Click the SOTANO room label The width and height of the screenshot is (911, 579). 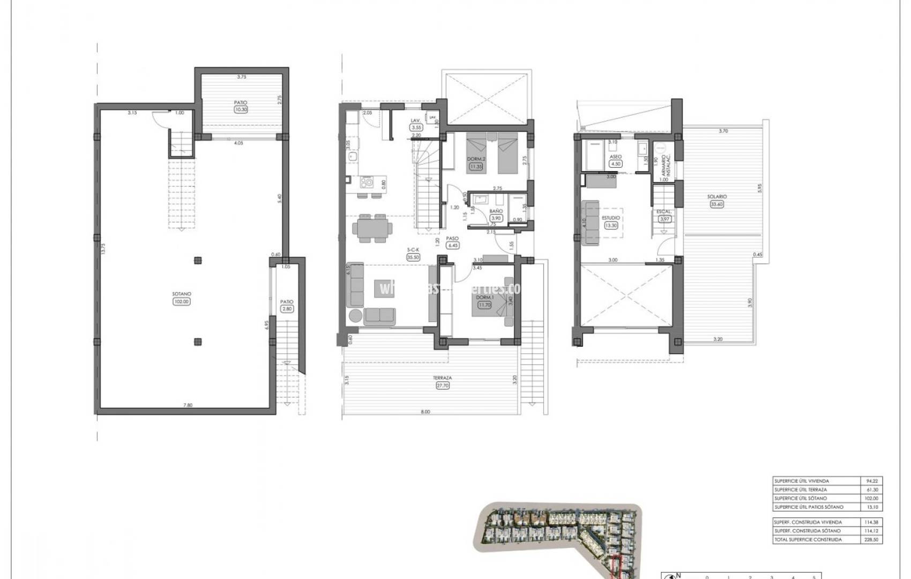[181, 294]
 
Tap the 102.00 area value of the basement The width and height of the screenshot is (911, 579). [181, 301]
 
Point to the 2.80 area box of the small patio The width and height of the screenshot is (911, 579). [287, 309]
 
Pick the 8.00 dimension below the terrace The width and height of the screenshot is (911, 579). [425, 412]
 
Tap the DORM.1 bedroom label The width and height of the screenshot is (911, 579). [484, 298]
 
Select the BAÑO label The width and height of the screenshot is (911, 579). [496, 212]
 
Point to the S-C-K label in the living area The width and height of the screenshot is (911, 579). [413, 250]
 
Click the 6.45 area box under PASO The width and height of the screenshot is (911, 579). [453, 246]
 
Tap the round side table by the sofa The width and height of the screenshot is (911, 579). [355, 316]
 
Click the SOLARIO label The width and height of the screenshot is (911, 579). [716, 197]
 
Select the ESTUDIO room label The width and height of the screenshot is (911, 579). [610, 218]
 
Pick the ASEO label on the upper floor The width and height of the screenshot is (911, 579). [616, 157]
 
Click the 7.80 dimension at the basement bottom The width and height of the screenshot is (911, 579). [188, 405]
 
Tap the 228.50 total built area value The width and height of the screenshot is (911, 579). [873, 540]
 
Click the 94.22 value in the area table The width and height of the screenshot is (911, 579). [873, 481]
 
